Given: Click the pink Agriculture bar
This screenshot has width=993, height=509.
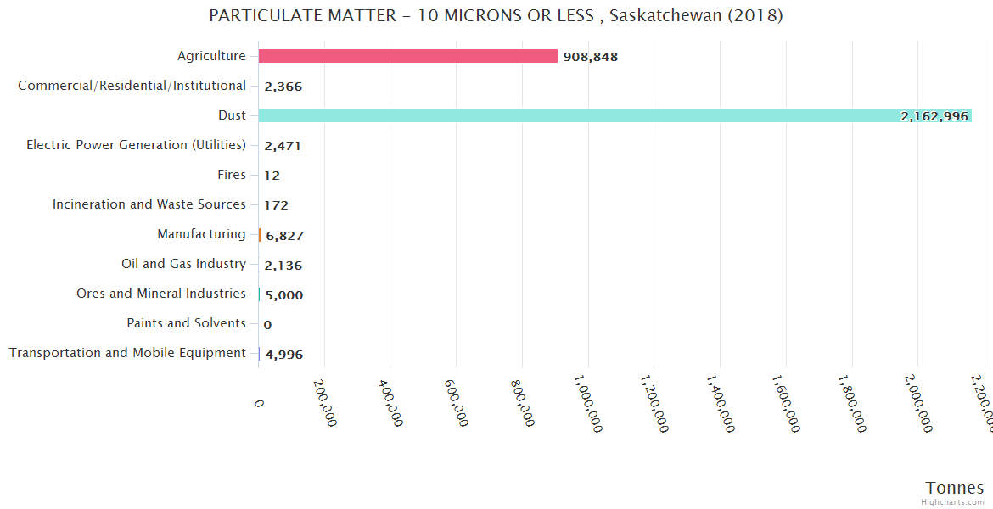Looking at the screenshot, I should pos(407,56).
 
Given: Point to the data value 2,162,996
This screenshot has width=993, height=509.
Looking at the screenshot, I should pos(934,116).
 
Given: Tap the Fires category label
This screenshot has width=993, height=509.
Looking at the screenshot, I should pos(232,175).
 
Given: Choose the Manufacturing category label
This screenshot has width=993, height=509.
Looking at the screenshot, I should pos(201,234).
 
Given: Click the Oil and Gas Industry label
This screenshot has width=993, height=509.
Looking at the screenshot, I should pos(183,264).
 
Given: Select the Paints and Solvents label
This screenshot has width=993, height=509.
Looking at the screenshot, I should pos(186,323).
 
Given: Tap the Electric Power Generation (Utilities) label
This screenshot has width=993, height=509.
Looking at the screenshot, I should pos(136,145).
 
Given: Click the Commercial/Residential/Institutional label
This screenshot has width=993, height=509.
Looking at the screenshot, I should pos(132,86).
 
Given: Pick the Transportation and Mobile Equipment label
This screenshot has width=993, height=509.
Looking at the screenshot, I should pos(127,353).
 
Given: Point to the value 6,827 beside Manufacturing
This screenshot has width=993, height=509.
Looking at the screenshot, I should pos(284,236).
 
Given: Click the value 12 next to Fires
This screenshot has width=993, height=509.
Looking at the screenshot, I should pos(272,176).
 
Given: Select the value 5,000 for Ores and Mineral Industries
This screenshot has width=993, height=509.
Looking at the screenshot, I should pos(283,295).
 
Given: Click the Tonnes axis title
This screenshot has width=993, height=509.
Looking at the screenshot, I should pos(954,487).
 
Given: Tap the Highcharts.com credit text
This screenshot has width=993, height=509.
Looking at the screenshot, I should pos(952,501).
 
